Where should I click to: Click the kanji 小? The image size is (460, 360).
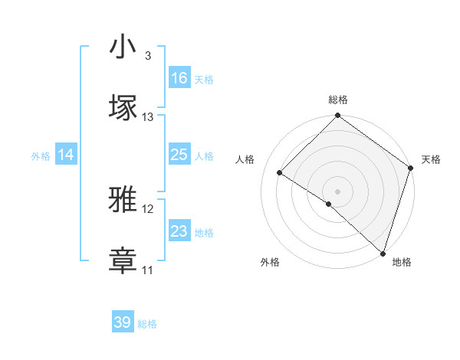tap(123, 47)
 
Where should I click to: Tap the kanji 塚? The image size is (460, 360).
tap(123, 107)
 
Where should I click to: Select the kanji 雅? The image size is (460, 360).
tap(123, 200)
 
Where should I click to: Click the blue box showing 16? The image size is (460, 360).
tap(179, 78)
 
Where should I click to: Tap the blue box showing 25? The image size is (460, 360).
tap(179, 155)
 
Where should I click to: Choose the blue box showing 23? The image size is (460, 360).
tap(179, 231)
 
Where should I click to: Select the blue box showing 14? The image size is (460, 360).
tap(66, 155)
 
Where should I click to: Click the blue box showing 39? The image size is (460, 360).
tap(123, 322)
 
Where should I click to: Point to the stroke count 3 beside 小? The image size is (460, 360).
tap(147, 56)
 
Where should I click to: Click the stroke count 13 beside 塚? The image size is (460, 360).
tap(148, 117)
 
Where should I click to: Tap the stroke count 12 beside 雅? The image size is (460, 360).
tap(148, 209)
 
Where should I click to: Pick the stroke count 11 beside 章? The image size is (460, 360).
tap(148, 270)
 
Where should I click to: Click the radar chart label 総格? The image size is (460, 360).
tap(338, 100)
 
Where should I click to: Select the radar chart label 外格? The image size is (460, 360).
tap(270, 262)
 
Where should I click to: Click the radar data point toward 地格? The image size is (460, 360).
tap(383, 253)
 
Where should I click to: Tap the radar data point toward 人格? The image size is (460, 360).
tap(280, 173)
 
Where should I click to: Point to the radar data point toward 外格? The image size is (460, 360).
tap(329, 204)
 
